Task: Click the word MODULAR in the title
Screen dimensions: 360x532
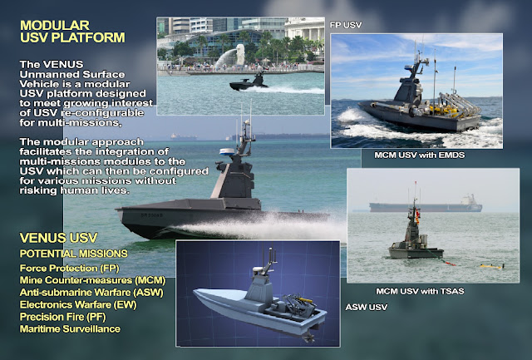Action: point(59,23)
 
